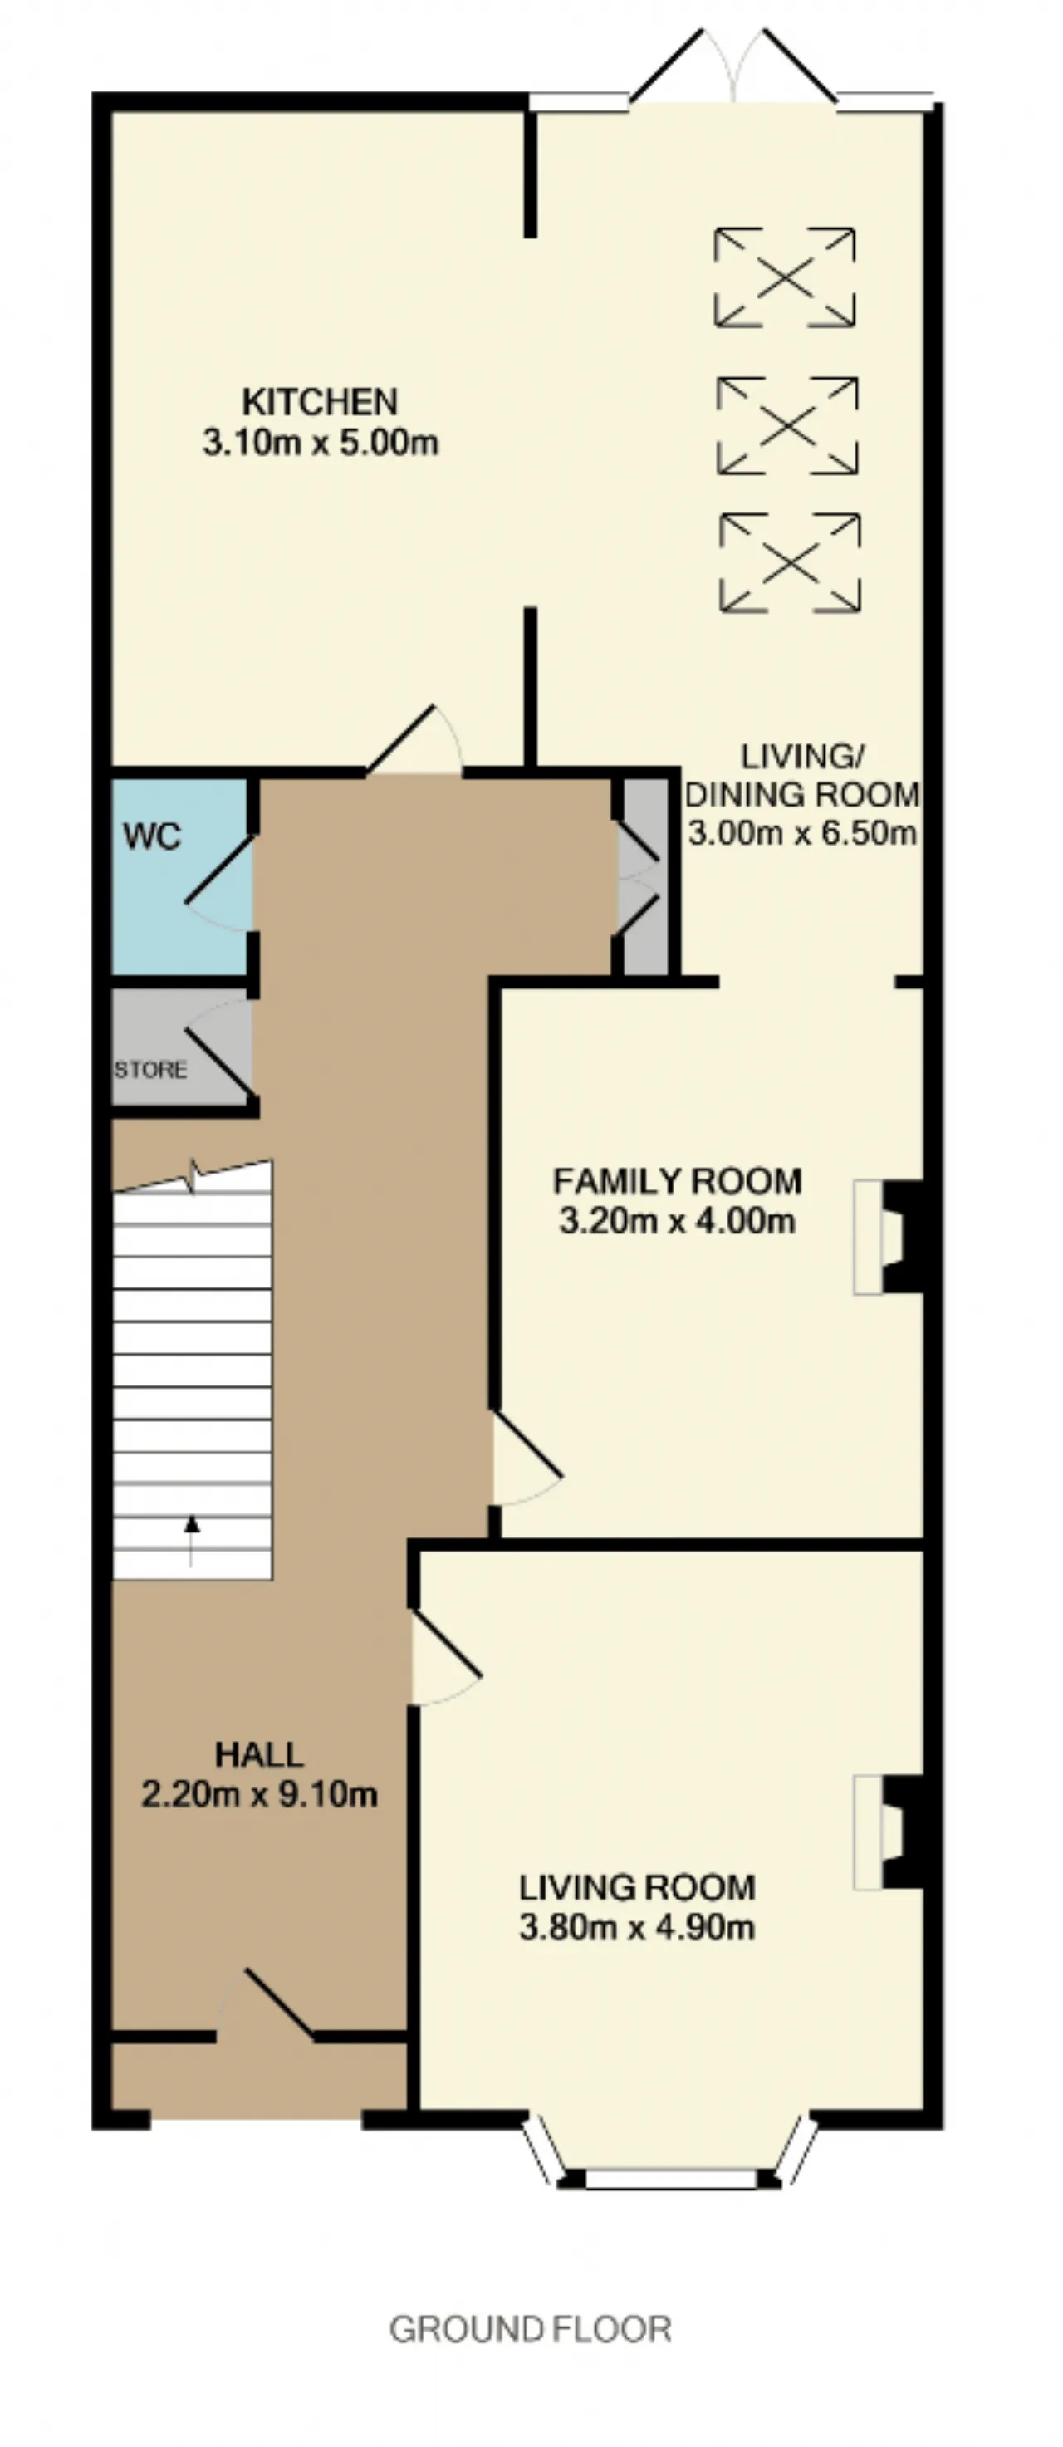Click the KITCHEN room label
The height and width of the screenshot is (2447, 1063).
coord(319,402)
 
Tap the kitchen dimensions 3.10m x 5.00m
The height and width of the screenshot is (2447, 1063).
coord(320,443)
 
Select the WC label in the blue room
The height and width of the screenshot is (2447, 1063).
coord(152,837)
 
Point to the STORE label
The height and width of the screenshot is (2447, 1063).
coord(150,1070)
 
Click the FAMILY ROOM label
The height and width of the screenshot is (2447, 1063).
coord(678,1181)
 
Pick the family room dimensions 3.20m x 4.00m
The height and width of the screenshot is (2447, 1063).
coord(678,1221)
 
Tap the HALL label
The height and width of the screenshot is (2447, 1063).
coord(259,1754)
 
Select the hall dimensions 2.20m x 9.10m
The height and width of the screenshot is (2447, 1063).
coord(259,1794)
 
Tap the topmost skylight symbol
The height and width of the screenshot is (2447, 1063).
coord(785,277)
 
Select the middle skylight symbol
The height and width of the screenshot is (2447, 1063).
coord(787,425)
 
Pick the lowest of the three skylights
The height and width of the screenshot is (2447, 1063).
coord(791,562)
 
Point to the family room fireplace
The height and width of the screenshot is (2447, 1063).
coord(890,1237)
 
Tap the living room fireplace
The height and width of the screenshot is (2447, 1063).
coord(890,1832)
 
